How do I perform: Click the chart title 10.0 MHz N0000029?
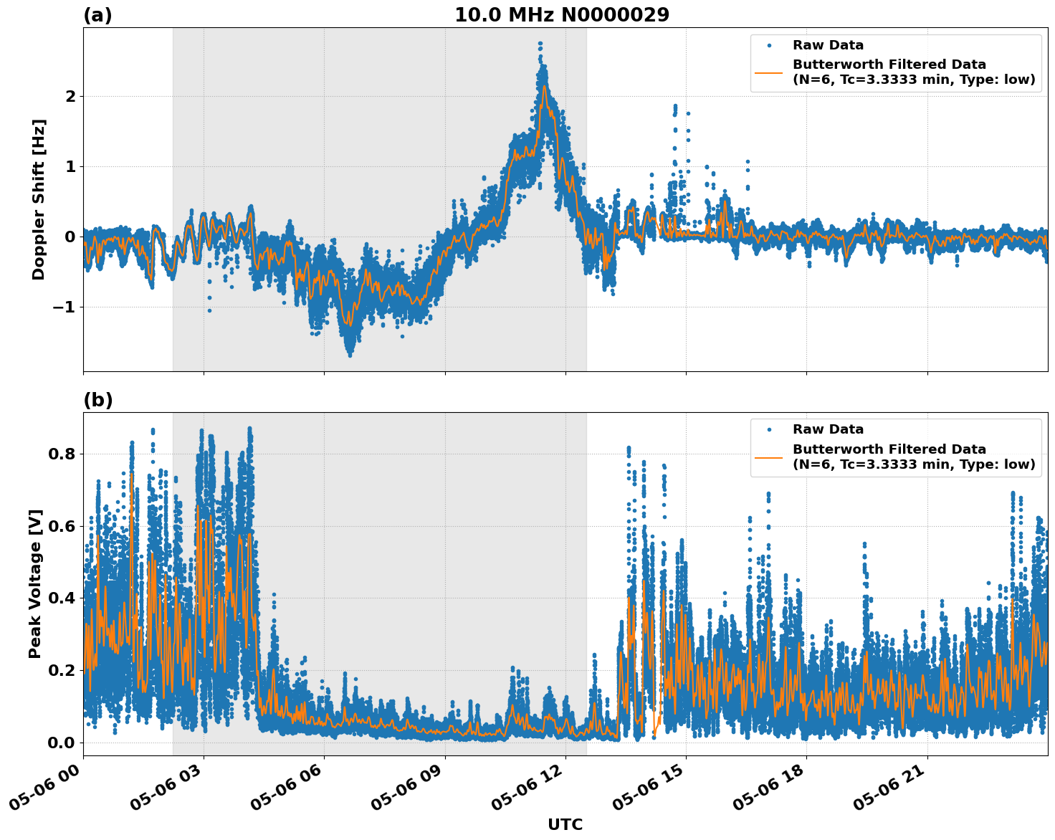pos(562,15)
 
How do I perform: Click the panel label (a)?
pos(97,15)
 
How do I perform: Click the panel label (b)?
pos(97,400)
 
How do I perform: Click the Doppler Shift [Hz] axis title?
pos(39,199)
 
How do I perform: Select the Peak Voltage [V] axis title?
pos(36,583)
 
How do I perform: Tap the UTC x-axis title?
pos(565,824)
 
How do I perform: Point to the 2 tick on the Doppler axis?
pos(71,96)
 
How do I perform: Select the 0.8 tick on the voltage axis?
pos(61,454)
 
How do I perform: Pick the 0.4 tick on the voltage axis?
pos(61,598)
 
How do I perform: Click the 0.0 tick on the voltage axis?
pos(61,742)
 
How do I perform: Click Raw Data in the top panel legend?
pos(828,45)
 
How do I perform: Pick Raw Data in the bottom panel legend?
pos(828,429)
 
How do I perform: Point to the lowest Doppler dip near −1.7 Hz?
pos(350,354)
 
